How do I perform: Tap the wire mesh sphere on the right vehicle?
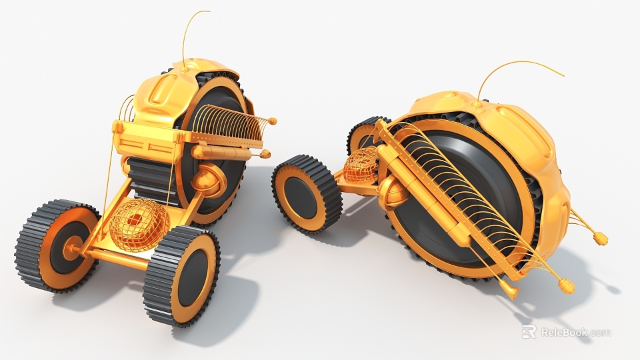point(361,165)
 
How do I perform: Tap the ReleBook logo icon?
point(529,331)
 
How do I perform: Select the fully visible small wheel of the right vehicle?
point(306,193)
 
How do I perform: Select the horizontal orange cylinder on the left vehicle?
point(220,153)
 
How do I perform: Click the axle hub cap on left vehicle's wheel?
point(69,251)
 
